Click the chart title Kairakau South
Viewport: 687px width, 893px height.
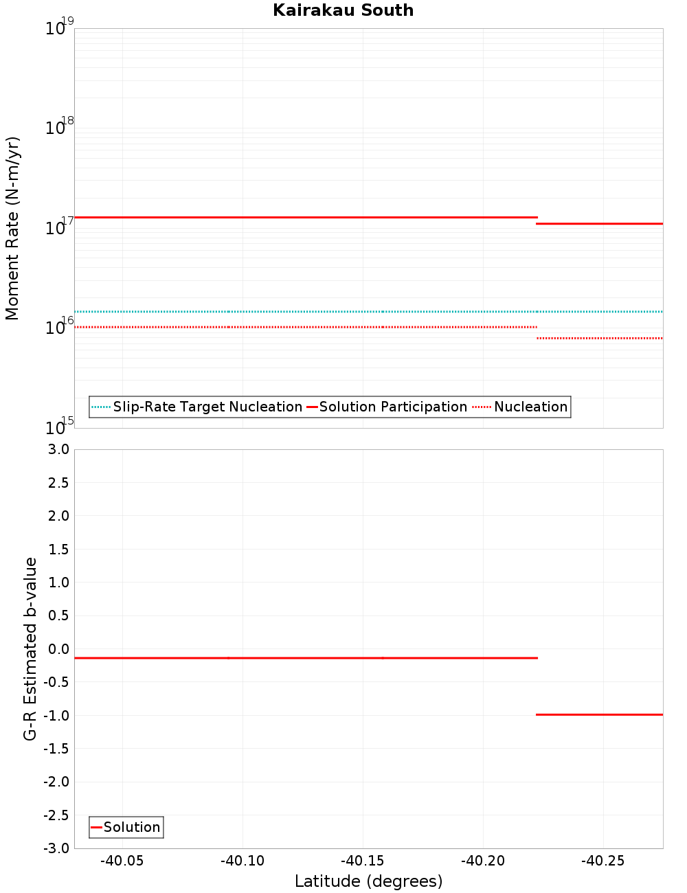pyautogui.click(x=343, y=10)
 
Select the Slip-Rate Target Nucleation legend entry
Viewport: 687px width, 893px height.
pyautogui.click(x=207, y=407)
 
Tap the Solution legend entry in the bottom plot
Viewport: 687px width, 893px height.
pyautogui.click(x=131, y=827)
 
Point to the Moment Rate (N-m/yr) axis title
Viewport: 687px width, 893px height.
pyautogui.click(x=12, y=228)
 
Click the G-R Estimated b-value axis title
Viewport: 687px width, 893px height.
pyautogui.click(x=30, y=648)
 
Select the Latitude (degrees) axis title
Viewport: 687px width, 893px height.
pyautogui.click(x=368, y=881)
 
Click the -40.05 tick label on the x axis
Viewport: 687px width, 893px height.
pyautogui.click(x=122, y=861)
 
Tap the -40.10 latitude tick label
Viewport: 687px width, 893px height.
pyautogui.click(x=242, y=861)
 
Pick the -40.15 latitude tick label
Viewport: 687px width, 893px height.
pyautogui.click(x=362, y=861)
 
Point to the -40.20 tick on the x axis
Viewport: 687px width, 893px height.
pyautogui.click(x=482, y=861)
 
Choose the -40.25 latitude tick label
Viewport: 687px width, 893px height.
pyautogui.click(x=602, y=861)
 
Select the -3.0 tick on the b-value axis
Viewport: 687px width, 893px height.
pyautogui.click(x=56, y=848)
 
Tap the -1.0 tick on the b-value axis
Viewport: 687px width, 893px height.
pyautogui.click(x=56, y=715)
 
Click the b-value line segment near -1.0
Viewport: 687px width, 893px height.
pyautogui.click(x=599, y=714)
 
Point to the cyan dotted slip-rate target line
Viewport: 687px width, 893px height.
pyautogui.click(x=309, y=311)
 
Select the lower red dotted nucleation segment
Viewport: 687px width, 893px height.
pyautogui.click(x=599, y=338)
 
